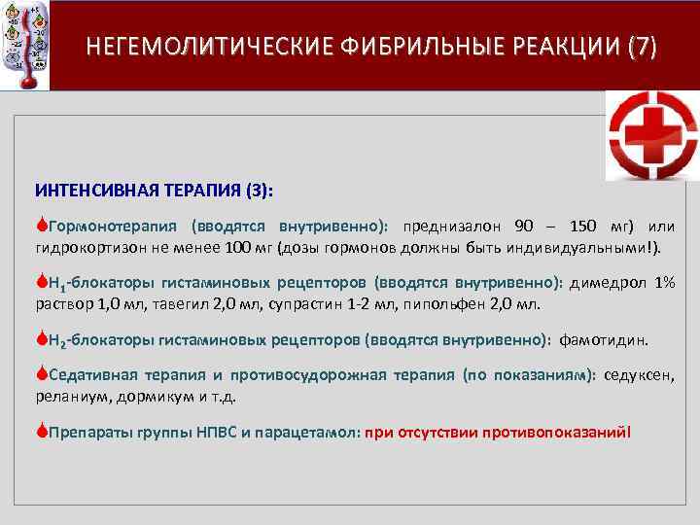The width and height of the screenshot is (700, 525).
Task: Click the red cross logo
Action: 652,135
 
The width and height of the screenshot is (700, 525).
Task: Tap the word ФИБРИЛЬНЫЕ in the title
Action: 417,47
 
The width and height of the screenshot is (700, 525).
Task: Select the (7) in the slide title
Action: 643,47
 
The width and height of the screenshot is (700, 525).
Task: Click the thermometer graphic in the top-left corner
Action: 23,44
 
